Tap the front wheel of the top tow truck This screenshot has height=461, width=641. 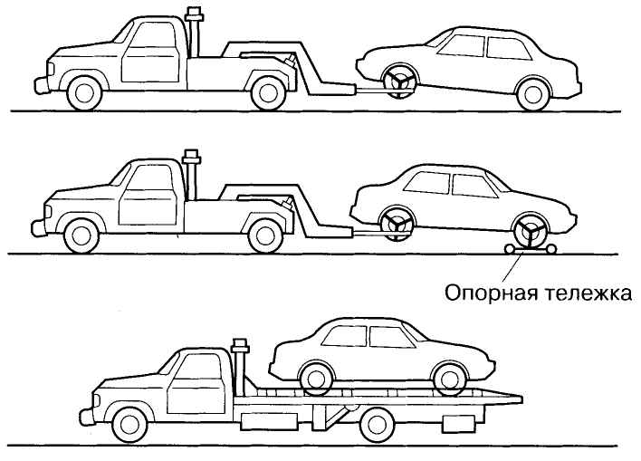84,93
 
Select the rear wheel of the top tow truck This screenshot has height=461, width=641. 268,93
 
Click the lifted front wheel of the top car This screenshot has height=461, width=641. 399,81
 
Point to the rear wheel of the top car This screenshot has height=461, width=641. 533,94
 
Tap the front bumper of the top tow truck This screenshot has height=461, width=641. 42,84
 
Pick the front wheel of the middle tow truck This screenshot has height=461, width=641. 81,236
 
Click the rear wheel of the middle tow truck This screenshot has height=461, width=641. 265,236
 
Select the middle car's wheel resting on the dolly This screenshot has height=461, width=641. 531,230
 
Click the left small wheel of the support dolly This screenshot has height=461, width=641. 510,249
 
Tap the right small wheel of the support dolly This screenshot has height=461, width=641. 551,249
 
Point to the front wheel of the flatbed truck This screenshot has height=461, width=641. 129,425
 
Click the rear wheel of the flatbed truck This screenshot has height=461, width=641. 378,425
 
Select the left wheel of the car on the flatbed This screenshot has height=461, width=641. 316,379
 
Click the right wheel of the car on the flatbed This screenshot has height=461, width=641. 449,379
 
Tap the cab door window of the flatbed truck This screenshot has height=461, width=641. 199,367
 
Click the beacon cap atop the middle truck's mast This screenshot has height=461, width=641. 191,157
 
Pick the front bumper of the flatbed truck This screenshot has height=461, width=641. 87,417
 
